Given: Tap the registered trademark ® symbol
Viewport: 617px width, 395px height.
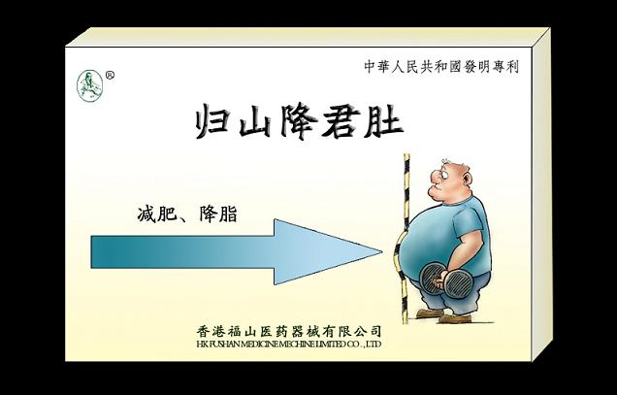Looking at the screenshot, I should point(109,74).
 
